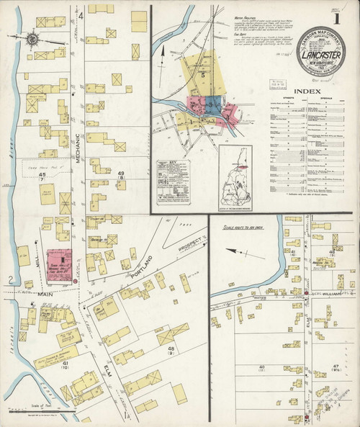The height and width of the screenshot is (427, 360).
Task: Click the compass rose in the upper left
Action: [34, 37]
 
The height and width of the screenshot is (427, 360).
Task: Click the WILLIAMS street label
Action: [333, 294]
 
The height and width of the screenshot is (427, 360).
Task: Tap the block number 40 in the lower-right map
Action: [260, 368]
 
